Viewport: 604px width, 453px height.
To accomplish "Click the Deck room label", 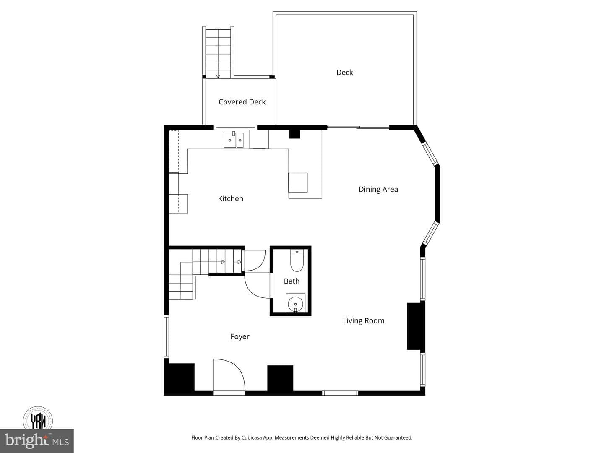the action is tap(344, 72).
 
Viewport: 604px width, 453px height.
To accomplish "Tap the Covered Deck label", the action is tap(242, 102).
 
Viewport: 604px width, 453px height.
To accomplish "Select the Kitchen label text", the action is tap(231, 198).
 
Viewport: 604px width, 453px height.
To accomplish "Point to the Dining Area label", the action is tap(378, 189).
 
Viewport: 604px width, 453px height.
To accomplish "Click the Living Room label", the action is tap(364, 321).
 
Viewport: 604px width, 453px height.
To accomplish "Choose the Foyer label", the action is tap(240, 337).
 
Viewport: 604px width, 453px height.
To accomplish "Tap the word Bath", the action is tap(292, 281).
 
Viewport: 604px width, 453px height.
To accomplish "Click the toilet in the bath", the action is tap(297, 260).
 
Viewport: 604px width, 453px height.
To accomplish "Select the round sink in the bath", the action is tap(296, 304).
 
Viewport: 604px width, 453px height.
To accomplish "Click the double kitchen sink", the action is tap(233, 140).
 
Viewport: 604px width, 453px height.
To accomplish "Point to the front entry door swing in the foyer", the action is tap(229, 375).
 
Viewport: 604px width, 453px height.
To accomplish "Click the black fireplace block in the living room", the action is tap(416, 326).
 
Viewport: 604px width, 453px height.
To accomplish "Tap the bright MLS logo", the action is tap(37, 440).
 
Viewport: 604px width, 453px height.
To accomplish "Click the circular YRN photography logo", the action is tap(38, 419).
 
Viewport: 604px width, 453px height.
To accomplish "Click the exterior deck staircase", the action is tap(218, 52).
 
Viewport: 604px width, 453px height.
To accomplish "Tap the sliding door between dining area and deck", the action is tap(358, 128).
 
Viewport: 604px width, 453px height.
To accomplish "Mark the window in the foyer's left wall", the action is tap(166, 336).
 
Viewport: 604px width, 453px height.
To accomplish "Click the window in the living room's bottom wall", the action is tap(340, 393).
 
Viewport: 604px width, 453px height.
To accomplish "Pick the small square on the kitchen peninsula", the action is tap(298, 182).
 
